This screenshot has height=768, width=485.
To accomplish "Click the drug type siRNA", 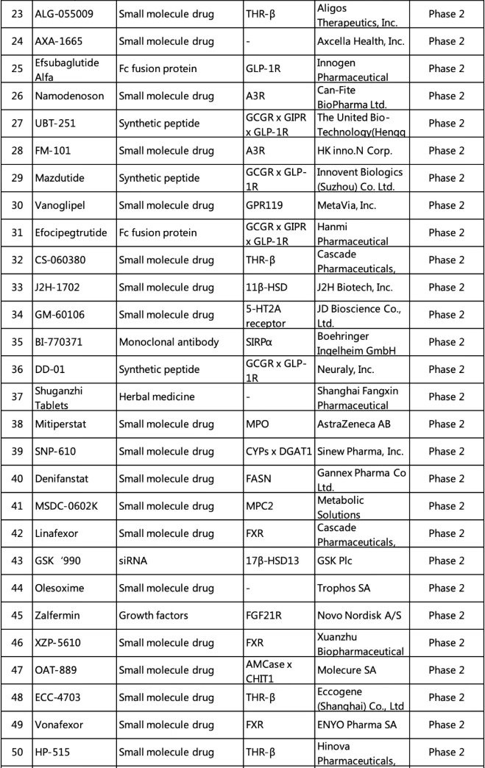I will pos(133,561).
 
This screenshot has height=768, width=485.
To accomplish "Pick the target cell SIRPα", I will pos(261,342).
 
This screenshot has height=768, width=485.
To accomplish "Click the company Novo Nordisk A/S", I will pos(356,616).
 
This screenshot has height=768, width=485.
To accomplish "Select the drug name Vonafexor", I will pos(60,725).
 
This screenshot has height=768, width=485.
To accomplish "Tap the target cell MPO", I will pos(257,424).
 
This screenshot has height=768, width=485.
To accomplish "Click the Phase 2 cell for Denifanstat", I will pos(447,479).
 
